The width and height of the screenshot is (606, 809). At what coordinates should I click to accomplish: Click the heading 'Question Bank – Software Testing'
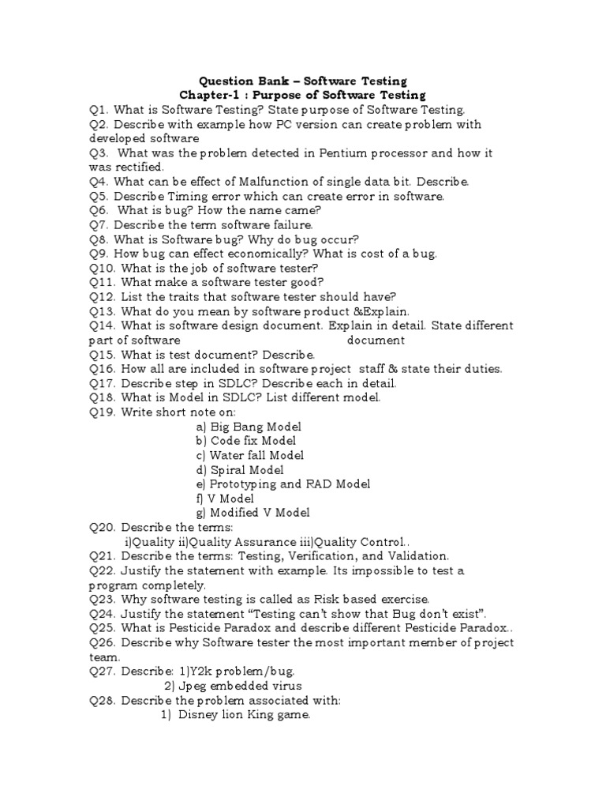pyautogui.click(x=303, y=81)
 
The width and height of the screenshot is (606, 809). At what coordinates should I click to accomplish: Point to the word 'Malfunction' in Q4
pyautogui.click(x=260, y=182)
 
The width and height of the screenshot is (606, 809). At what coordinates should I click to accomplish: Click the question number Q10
pyautogui.click(x=101, y=268)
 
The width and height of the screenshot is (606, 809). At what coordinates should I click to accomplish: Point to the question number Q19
pyautogui.click(x=101, y=412)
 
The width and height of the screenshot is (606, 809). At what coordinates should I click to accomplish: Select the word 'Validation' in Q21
pyautogui.click(x=418, y=556)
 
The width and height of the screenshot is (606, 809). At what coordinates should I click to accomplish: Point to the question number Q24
pyautogui.click(x=101, y=614)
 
